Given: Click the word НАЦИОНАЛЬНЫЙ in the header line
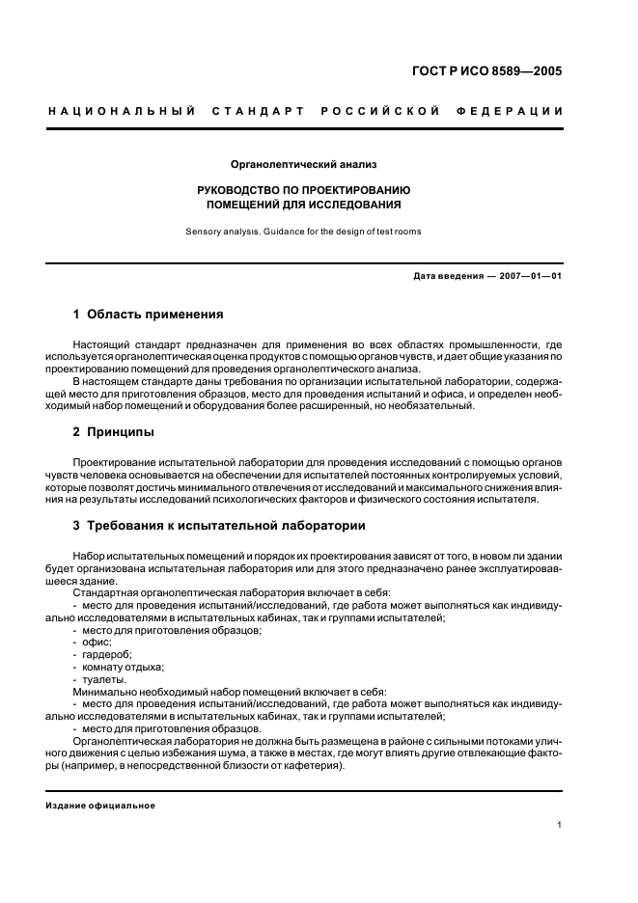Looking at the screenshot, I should click(x=122, y=111).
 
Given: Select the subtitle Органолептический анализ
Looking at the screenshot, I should click(x=304, y=165).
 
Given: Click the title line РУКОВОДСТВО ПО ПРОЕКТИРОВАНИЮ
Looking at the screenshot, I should click(x=304, y=190).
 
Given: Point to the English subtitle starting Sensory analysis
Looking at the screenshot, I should click(x=304, y=232).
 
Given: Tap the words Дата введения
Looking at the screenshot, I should click(x=449, y=276).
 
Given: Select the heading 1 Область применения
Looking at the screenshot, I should click(x=149, y=315).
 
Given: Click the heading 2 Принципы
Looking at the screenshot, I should click(x=114, y=432).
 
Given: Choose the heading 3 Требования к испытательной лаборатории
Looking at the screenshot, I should click(x=219, y=526).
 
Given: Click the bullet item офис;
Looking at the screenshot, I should click(x=97, y=642).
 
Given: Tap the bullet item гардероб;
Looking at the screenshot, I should click(x=107, y=654).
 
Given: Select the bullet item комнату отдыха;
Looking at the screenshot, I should click(x=124, y=667).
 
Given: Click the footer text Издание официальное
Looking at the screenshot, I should click(x=100, y=806).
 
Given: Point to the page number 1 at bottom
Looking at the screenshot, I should click(x=560, y=825).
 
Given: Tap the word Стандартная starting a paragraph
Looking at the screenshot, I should click(x=103, y=591).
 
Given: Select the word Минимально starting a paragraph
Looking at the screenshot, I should click(x=104, y=692).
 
